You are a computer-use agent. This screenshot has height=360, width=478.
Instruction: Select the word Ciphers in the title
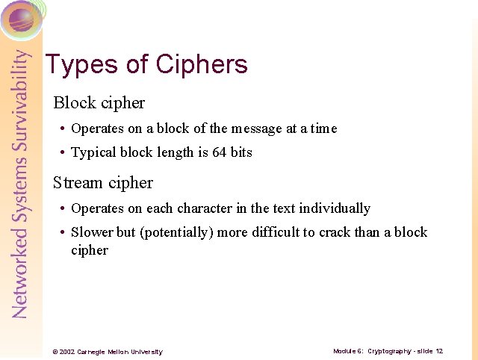(x=202, y=65)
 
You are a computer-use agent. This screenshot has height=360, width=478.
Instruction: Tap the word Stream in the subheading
(x=78, y=183)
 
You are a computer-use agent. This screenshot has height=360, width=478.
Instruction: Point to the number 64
(x=218, y=152)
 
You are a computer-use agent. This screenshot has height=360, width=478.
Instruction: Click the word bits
(x=241, y=152)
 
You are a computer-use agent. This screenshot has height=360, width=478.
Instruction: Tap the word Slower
(x=93, y=232)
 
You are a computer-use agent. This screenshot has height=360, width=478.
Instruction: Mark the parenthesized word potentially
(x=176, y=233)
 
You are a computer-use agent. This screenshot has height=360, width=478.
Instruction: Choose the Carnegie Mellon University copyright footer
(x=107, y=352)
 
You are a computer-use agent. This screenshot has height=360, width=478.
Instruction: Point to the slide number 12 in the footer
(x=439, y=351)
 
